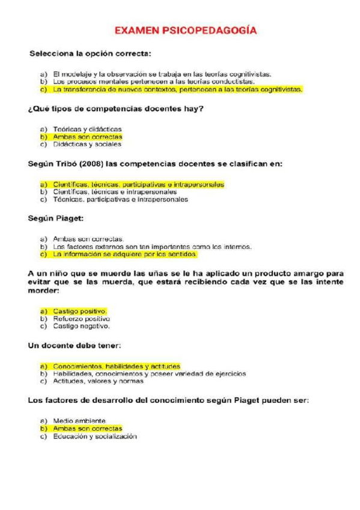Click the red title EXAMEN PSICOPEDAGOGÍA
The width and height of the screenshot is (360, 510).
(185, 29)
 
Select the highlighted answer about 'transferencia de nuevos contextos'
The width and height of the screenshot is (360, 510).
(177, 90)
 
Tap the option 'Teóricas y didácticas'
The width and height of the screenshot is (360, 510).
(87, 129)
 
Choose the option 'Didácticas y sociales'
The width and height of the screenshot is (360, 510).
(87, 144)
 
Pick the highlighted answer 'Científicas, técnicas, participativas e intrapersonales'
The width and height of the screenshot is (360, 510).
(138, 184)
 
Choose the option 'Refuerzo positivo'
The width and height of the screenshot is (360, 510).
(81, 319)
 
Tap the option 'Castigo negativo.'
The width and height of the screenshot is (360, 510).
(81, 327)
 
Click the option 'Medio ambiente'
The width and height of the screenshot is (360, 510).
(79, 420)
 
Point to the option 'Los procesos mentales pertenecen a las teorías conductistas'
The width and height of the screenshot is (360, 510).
(153, 82)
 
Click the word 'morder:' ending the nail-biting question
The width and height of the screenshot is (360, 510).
(44, 291)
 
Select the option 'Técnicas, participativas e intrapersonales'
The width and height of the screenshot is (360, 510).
(120, 200)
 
